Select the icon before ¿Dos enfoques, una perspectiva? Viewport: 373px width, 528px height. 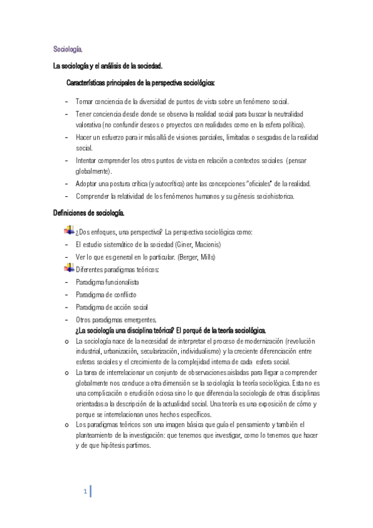(x=69, y=232)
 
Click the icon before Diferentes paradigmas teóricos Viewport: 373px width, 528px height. (x=69, y=268)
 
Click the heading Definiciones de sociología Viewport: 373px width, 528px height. (x=90, y=214)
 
